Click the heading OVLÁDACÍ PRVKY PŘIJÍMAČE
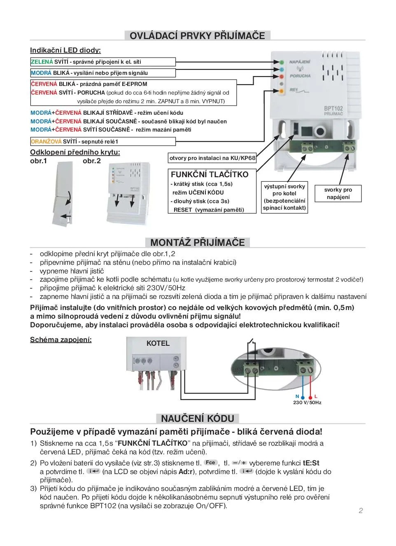click(197, 35)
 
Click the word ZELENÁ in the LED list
click(42, 62)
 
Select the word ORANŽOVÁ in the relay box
click(46, 141)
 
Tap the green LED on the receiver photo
click(282, 62)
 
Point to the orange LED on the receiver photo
click(282, 91)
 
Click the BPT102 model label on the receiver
click(333, 109)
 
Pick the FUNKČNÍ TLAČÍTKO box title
click(210, 174)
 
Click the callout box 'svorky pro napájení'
click(338, 193)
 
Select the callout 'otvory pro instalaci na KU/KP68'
click(212, 158)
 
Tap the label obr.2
click(91, 161)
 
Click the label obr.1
click(38, 161)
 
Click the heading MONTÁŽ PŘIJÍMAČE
click(197, 242)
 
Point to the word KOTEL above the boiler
click(158, 343)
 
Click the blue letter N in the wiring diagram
click(297, 396)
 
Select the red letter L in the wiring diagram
click(316, 396)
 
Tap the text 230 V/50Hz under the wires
click(307, 403)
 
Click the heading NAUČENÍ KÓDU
click(197, 419)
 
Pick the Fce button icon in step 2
click(210, 463)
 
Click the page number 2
click(361, 511)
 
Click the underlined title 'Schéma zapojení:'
click(61, 340)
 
